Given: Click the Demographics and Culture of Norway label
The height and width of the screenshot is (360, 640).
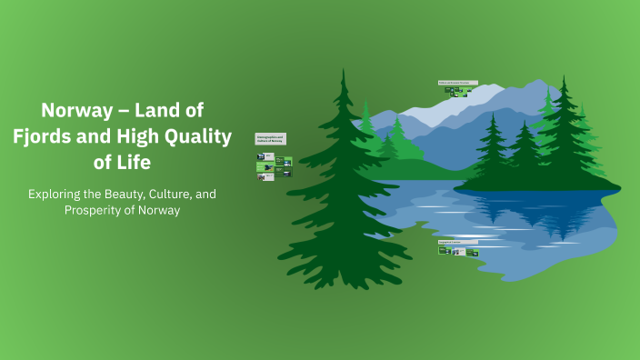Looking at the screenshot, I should click(271, 139).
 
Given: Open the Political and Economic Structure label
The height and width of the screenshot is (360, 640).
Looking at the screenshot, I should click(456, 83).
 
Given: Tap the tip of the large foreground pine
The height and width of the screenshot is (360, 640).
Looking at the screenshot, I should click(343, 71).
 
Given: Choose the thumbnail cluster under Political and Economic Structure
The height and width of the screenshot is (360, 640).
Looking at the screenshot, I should click(461, 92).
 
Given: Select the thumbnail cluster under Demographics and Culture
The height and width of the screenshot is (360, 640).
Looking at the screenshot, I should click(274, 166).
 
